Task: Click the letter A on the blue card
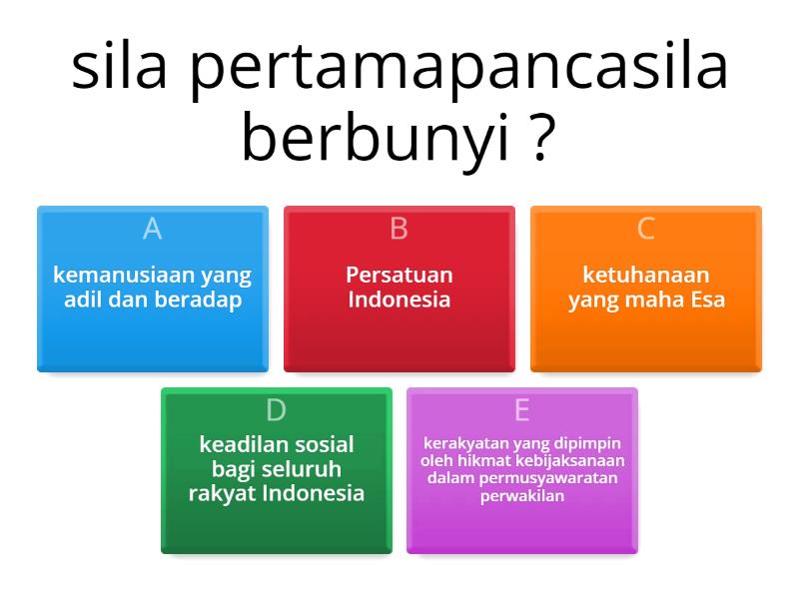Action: pos(152,229)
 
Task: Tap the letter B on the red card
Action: pos(399,229)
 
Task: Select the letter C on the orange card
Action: pos(645,229)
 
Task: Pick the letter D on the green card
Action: pos(276,410)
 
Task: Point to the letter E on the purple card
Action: pos(521,410)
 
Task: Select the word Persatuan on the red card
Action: pos(399,275)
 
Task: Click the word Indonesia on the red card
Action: pos(399,299)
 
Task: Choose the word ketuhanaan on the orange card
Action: pos(645,275)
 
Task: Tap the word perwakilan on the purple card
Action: pos(521,494)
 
